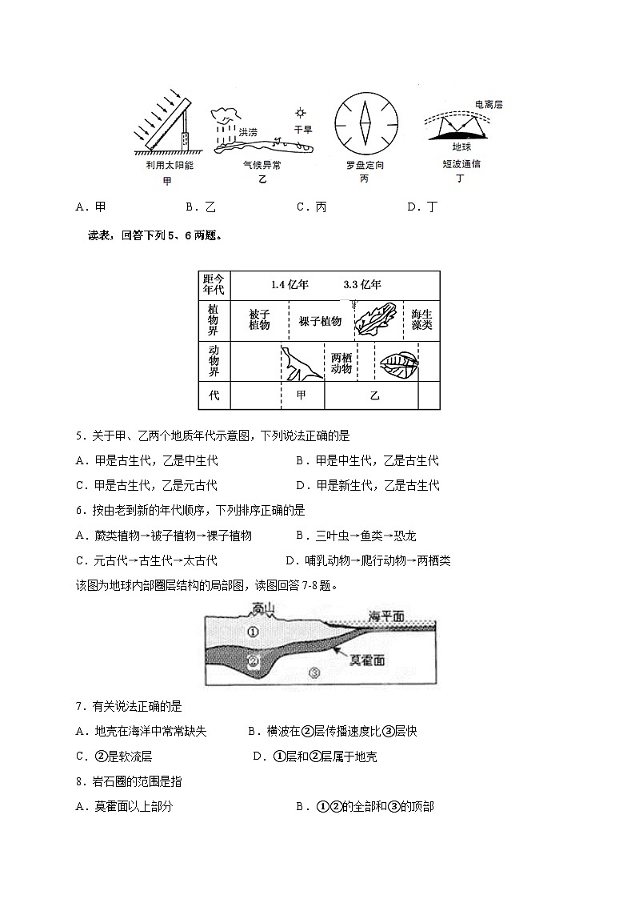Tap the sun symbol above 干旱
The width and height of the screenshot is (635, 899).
[300, 113]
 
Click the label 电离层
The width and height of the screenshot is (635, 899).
[488, 105]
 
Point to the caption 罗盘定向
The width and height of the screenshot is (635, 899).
[365, 166]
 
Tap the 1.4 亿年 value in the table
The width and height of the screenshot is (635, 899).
[290, 285]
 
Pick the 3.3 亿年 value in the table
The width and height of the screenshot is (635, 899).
[361, 285]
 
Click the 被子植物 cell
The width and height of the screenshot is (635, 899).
[259, 320]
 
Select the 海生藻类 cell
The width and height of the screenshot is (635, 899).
[421, 320]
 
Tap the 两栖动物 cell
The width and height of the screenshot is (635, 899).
[341, 363]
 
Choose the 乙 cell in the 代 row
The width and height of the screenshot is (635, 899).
[374, 395]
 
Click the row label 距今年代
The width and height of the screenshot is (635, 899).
[214, 285]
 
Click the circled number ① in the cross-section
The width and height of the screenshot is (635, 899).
[253, 632]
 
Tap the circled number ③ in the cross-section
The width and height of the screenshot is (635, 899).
[314, 673]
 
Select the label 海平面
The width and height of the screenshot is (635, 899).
[386, 616]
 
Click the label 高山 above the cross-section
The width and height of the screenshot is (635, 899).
[263, 608]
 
